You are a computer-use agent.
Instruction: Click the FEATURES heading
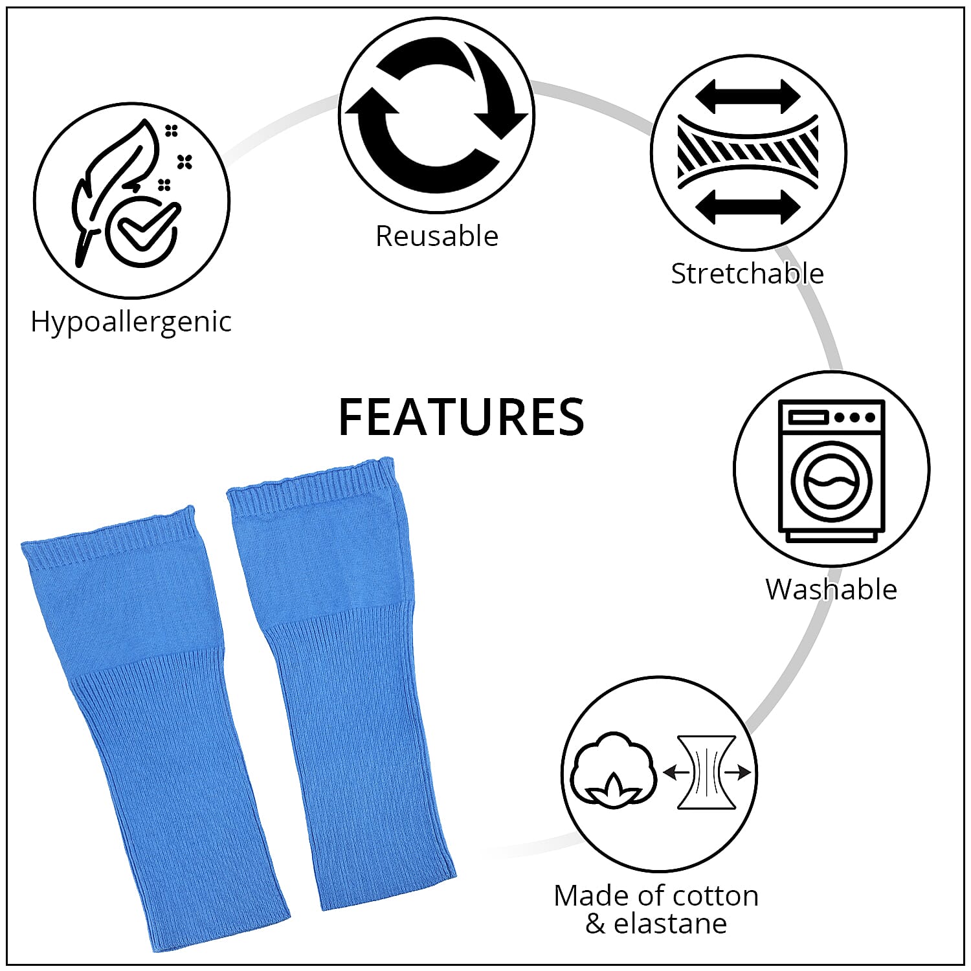(x=461, y=417)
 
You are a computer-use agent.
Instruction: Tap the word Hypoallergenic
(x=131, y=322)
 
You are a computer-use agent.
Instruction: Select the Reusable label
(x=437, y=236)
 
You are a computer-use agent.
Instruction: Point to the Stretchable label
(x=747, y=274)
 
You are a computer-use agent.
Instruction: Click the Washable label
(x=831, y=590)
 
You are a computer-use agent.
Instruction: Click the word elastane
(x=670, y=924)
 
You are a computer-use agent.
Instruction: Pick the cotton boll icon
(x=612, y=770)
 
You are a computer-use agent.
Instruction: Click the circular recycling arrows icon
(x=436, y=115)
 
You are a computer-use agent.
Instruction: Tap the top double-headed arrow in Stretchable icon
(x=748, y=97)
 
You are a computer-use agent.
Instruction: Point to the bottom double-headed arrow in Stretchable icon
(x=748, y=207)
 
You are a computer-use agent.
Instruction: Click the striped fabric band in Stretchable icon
(x=748, y=152)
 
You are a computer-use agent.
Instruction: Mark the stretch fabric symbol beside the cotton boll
(x=707, y=772)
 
